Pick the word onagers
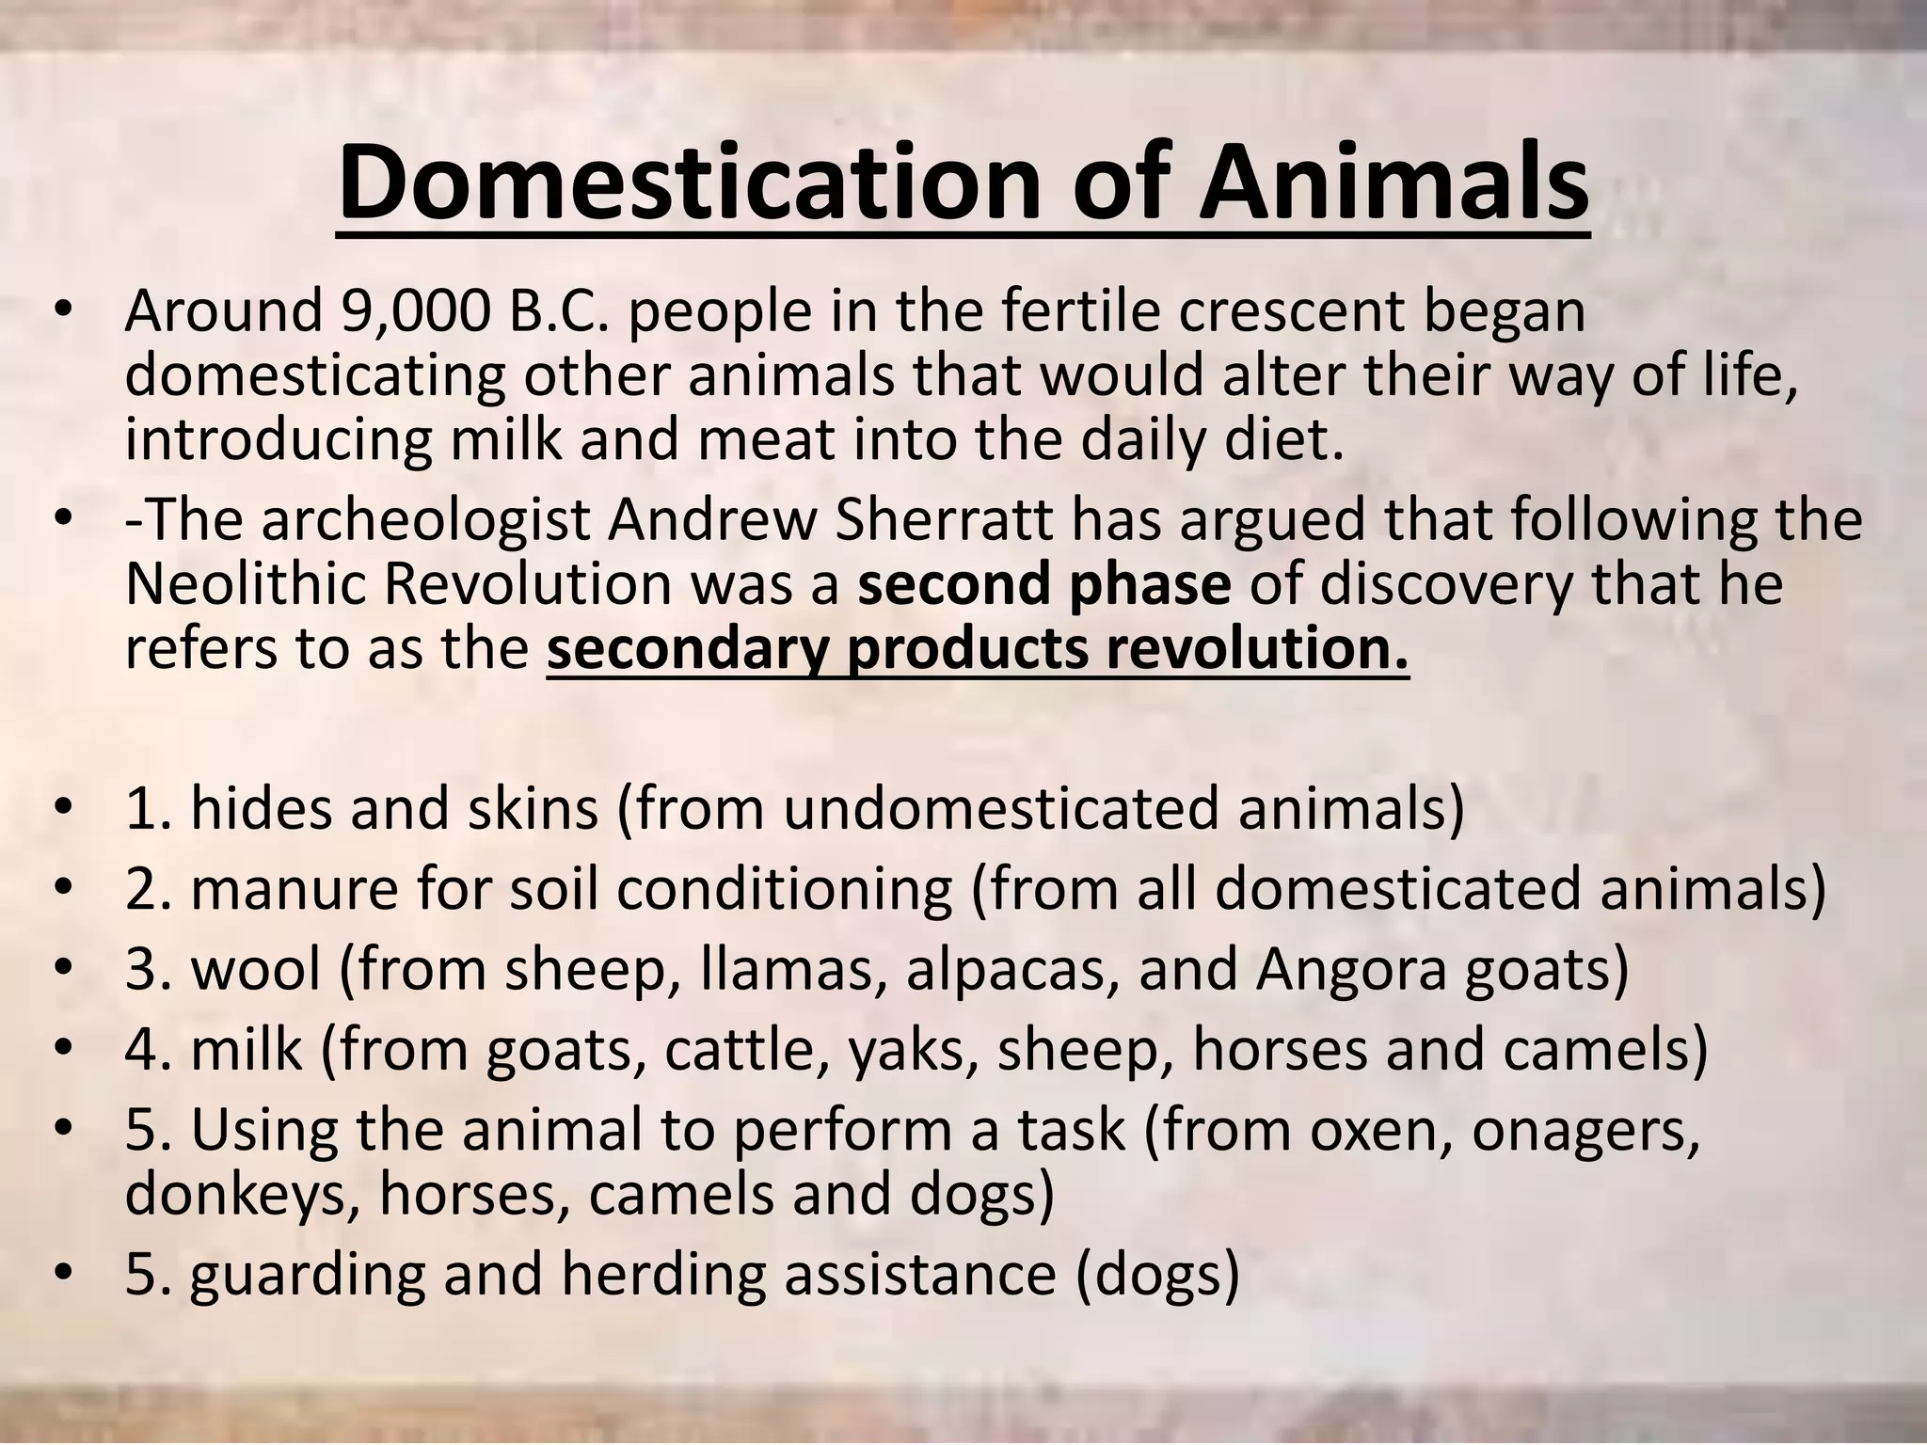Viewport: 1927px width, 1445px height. click(1585, 1131)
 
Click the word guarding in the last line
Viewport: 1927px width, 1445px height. click(306, 1275)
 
